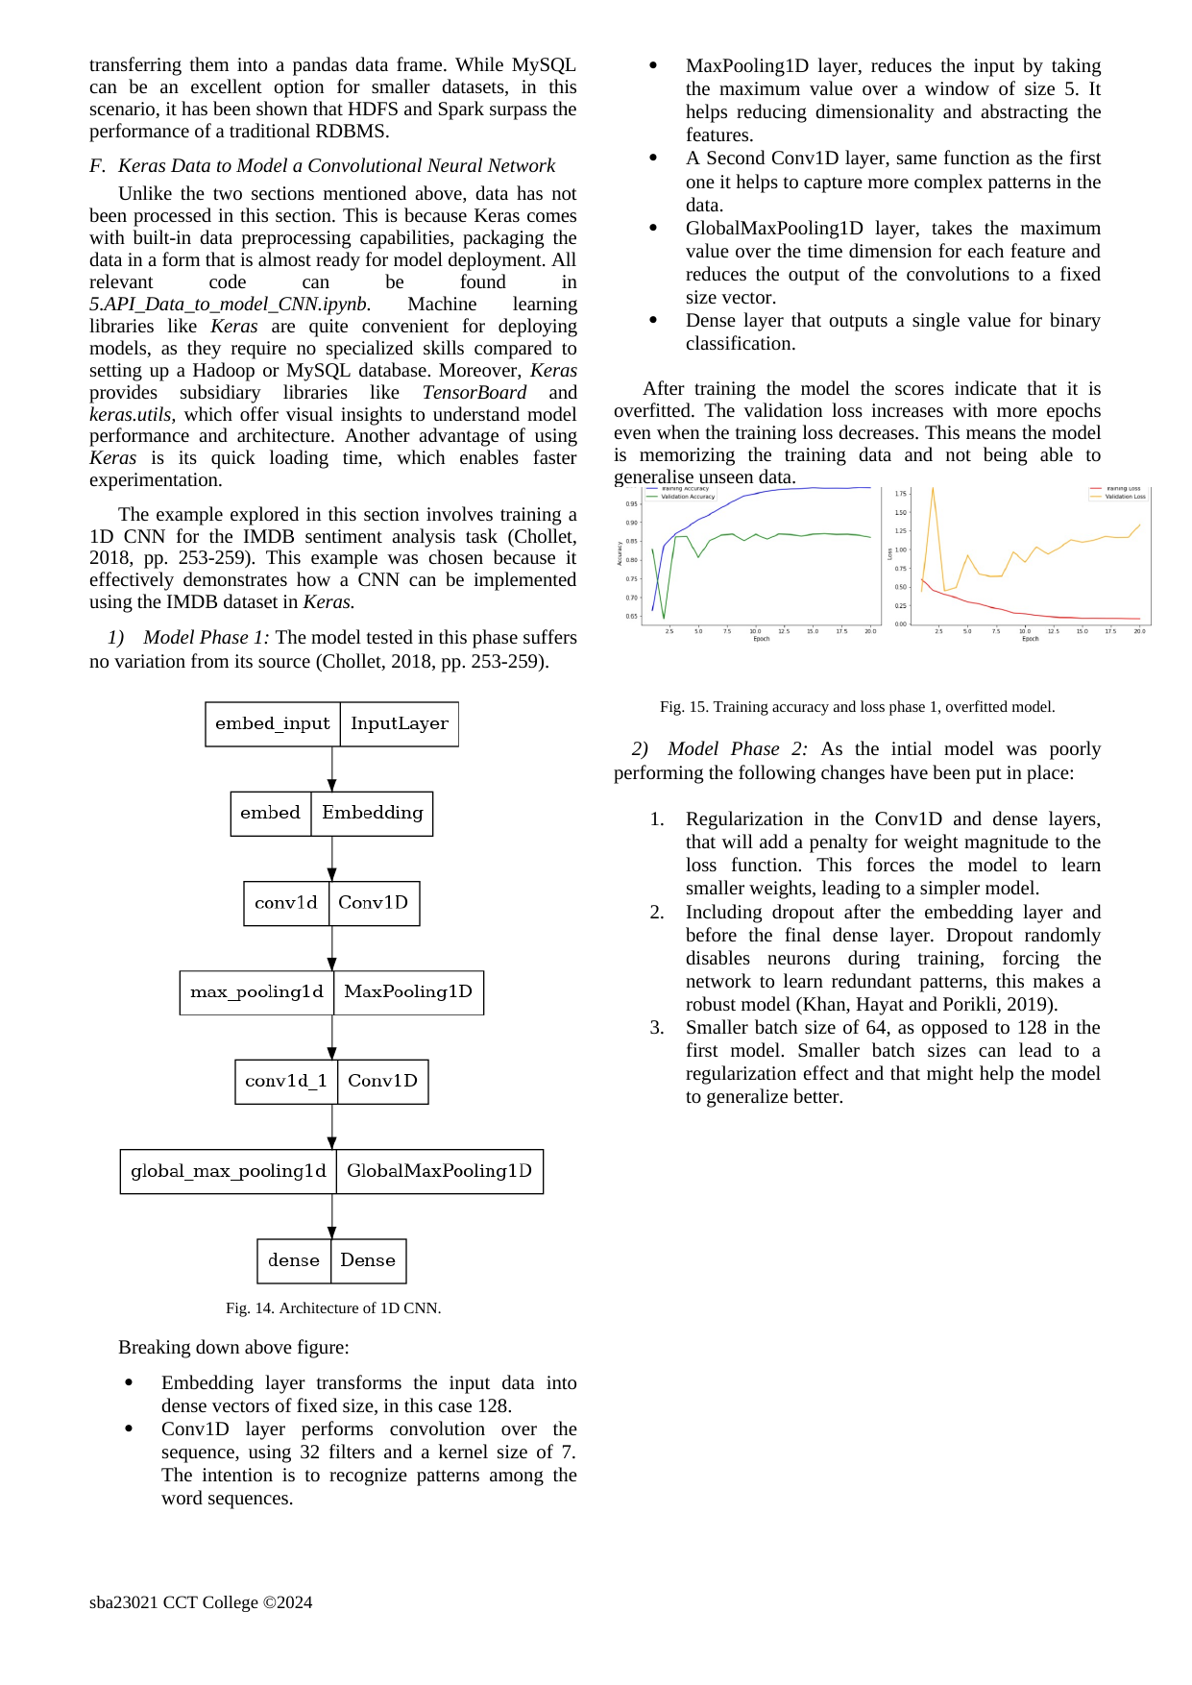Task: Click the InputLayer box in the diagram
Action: tap(399, 724)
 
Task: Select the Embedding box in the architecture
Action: tap(372, 814)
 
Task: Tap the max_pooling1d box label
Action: tap(256, 992)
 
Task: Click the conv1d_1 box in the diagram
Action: tap(286, 1082)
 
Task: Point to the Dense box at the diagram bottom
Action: tap(368, 1261)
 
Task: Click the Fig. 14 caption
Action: tap(333, 1308)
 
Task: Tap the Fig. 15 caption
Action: tap(857, 707)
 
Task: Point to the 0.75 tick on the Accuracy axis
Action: tap(631, 579)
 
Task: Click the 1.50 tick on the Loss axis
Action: tap(900, 513)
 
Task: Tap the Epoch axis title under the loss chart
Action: tap(1030, 639)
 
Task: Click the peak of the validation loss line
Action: tap(933, 489)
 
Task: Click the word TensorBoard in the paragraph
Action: tap(474, 393)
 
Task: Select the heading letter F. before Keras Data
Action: tap(97, 166)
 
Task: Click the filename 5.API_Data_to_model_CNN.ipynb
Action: tap(230, 305)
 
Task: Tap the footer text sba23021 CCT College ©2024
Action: tap(201, 1602)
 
